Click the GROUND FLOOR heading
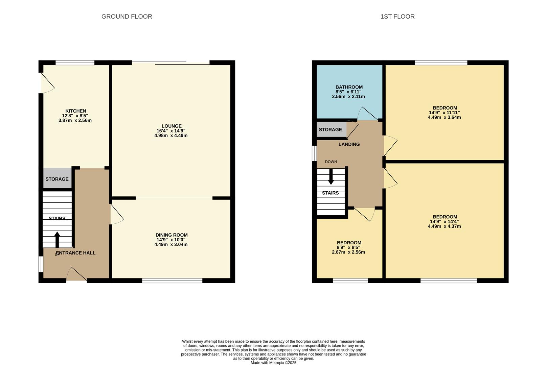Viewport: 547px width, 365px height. (127, 17)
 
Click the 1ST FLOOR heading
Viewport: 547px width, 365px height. (397, 17)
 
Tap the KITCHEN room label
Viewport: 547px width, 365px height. (75, 111)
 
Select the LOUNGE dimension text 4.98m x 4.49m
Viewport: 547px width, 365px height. (171, 136)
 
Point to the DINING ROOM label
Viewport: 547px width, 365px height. (172, 235)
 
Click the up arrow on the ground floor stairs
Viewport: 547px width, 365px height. (57, 239)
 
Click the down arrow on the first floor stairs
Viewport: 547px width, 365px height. (331, 176)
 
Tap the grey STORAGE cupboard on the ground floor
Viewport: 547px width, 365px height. (57, 179)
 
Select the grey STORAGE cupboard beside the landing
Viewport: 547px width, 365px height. (330, 129)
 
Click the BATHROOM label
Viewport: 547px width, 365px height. (349, 87)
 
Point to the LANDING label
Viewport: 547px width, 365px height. (349, 144)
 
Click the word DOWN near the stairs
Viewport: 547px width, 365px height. (331, 162)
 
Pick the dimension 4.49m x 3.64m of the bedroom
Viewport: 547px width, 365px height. (444, 118)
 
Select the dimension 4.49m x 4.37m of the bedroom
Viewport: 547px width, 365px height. (444, 226)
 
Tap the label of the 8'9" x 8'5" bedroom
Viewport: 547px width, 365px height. (349, 243)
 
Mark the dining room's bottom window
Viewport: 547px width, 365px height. (172, 281)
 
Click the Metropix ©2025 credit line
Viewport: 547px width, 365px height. (273, 363)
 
